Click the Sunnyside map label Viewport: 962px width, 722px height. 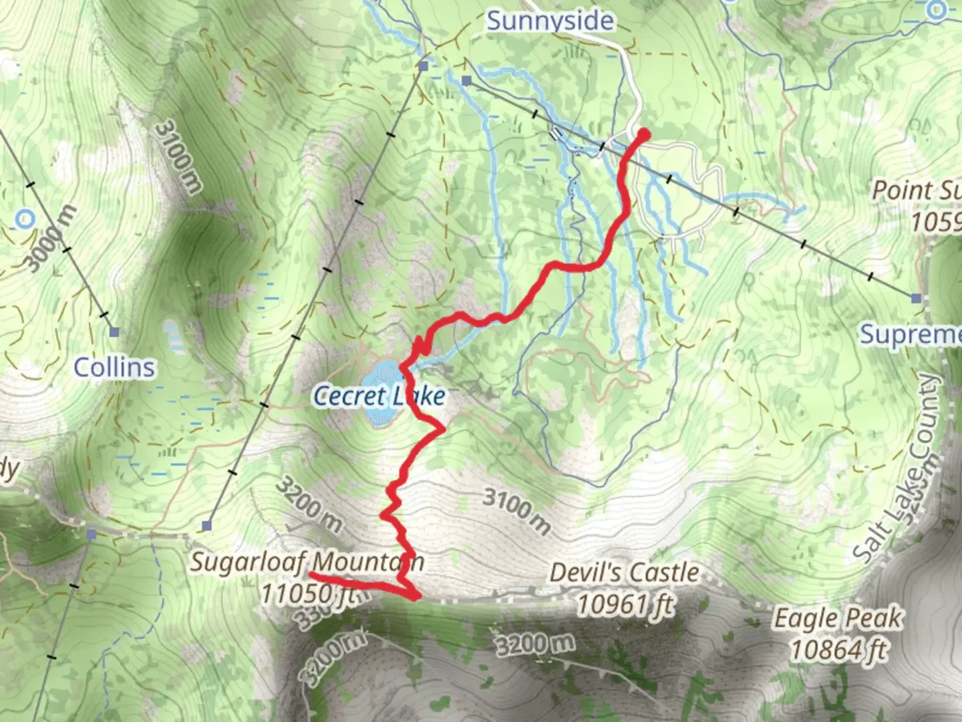549,20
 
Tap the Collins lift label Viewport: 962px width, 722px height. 114,367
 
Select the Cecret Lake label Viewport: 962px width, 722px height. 379,396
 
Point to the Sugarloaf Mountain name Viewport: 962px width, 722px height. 307,562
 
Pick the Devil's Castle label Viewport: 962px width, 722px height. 624,573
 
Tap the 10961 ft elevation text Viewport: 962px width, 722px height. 625,605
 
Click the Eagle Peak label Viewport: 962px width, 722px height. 838,618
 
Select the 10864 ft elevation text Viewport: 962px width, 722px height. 839,649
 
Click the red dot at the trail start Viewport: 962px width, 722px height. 645,134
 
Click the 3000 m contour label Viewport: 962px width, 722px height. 51,239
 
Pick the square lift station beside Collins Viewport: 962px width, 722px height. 114,332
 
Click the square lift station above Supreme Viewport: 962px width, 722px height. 917,298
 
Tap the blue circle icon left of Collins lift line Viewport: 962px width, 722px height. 25,218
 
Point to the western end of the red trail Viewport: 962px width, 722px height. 311,574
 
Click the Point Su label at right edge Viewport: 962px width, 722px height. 917,190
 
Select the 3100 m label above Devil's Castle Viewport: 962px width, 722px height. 517,511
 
